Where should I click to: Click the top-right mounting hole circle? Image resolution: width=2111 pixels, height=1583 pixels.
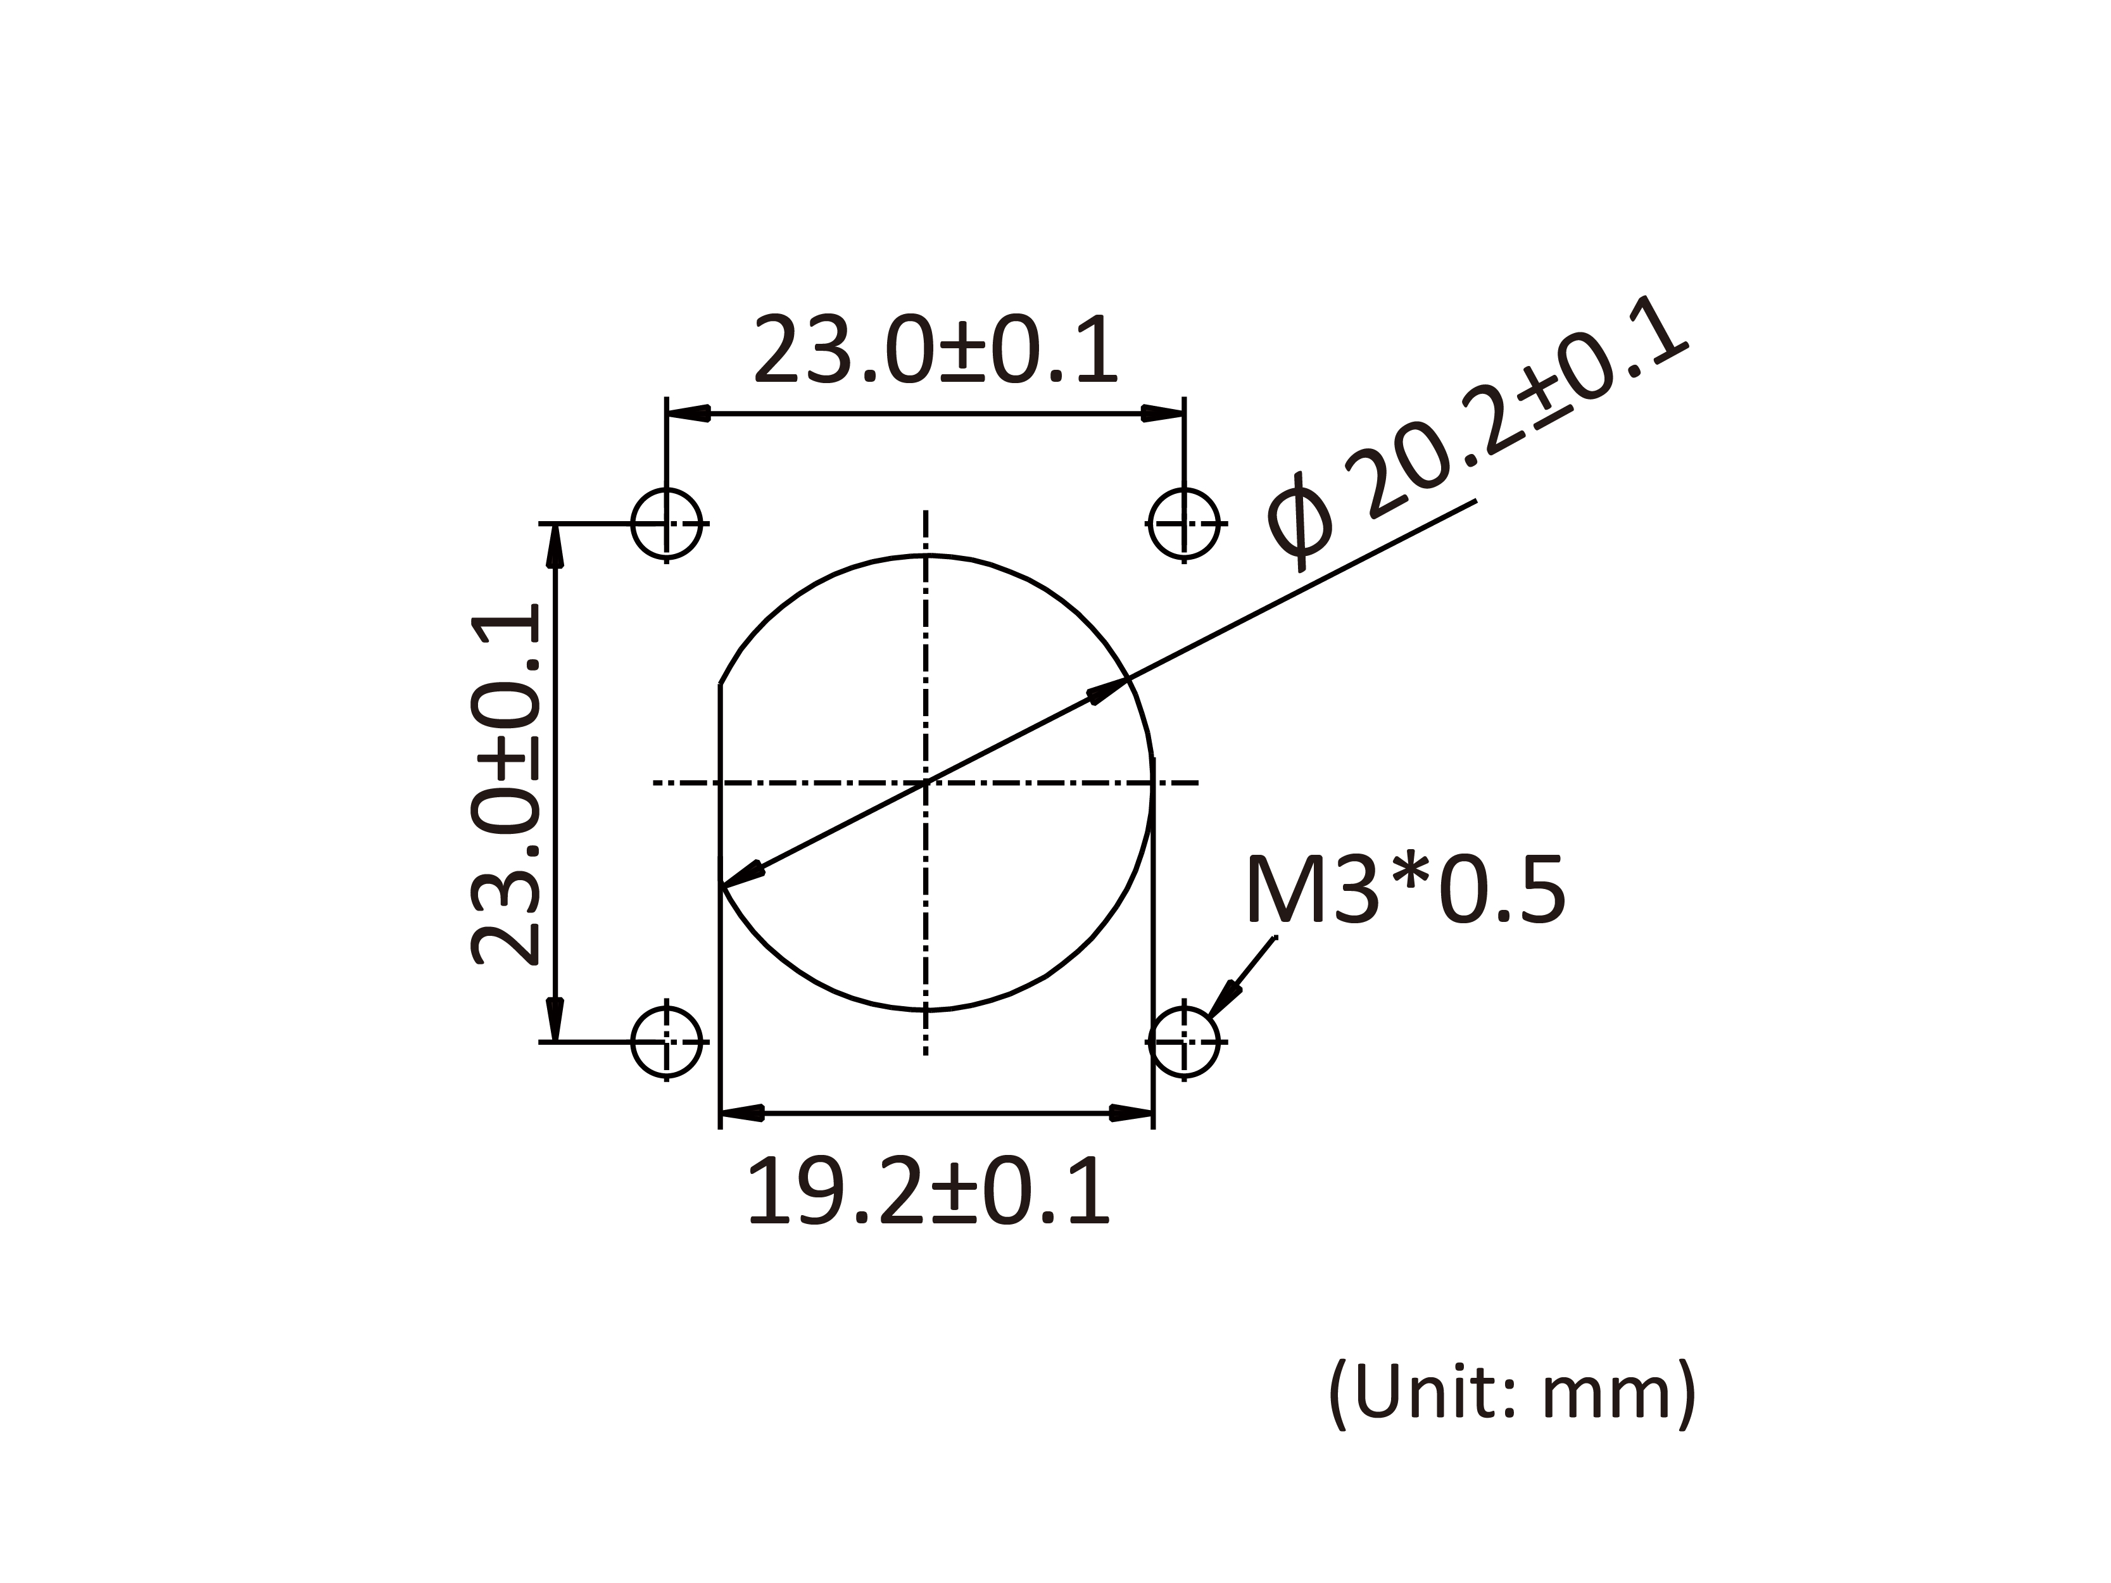(x=1184, y=524)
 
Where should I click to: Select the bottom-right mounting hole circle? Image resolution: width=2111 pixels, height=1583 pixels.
(x=1184, y=1042)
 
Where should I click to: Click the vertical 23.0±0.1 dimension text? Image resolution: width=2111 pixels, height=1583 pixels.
(x=506, y=785)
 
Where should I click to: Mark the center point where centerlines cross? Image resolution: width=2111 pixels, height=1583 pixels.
(x=926, y=783)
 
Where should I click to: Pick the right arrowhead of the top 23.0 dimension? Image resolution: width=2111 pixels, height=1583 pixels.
(x=1163, y=414)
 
